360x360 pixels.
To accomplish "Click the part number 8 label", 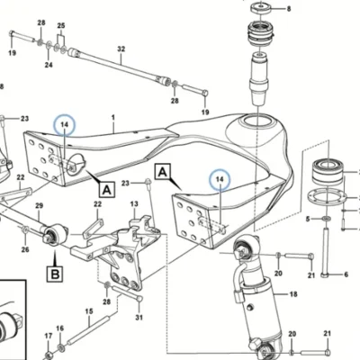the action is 289,9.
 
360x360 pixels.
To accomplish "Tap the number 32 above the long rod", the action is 121,49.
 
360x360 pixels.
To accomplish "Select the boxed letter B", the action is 55,274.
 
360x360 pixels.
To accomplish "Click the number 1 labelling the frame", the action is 113,118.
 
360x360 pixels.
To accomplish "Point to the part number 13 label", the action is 134,204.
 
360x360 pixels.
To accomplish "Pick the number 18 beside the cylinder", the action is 293,294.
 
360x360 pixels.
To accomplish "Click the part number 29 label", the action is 40,206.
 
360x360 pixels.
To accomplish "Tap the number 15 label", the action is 89,311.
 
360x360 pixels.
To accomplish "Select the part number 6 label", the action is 346,274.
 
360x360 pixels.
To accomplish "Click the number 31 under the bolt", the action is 139,317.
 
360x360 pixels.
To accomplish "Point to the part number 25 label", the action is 61,25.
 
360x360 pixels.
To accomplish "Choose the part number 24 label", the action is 49,65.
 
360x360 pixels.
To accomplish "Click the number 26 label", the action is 25,249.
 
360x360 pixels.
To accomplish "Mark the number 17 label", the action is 49,336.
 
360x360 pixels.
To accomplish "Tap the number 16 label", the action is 60,328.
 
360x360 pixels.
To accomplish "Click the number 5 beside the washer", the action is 308,220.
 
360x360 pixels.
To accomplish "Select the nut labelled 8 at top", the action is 261,7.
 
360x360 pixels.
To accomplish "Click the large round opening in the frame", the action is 258,122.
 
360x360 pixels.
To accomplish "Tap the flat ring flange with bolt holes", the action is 327,197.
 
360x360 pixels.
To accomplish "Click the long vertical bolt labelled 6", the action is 325,253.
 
